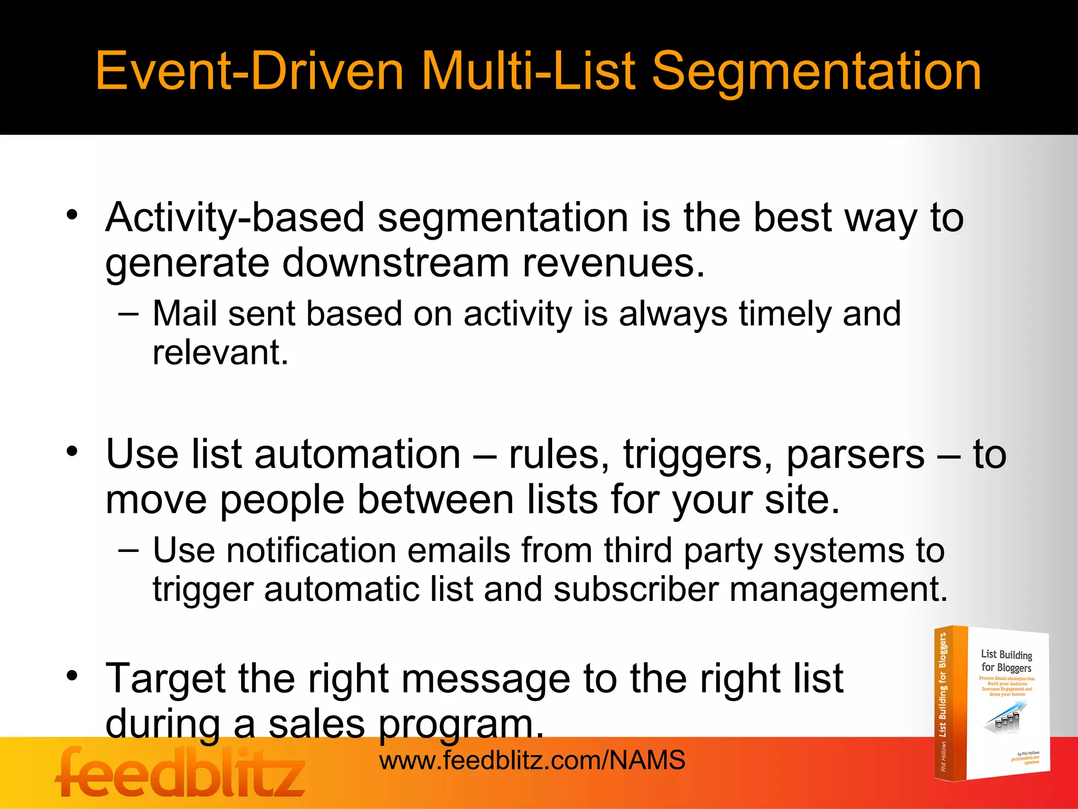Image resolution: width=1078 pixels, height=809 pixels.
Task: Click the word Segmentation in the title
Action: [816, 71]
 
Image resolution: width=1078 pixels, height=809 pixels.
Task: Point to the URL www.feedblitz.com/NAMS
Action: [532, 760]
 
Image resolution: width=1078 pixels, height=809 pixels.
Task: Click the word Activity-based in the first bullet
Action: [235, 218]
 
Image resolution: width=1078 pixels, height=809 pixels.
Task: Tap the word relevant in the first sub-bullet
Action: [220, 352]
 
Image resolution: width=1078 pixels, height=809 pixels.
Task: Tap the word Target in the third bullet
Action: [166, 678]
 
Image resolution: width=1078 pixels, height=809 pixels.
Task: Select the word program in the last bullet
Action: [461, 725]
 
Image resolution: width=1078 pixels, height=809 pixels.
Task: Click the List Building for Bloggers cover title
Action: [1006, 661]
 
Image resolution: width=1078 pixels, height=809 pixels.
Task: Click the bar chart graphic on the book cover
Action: [1003, 719]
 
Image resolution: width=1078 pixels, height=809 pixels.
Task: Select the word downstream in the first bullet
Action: [396, 263]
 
